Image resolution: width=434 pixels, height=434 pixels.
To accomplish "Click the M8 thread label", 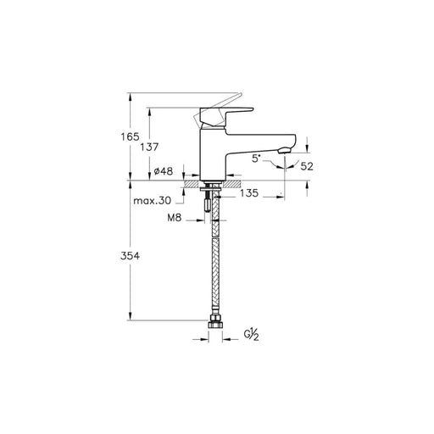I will tap(176, 219).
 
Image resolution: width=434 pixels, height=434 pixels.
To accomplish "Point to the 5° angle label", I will tap(257, 157).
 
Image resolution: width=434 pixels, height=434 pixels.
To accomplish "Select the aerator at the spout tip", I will tap(285, 151).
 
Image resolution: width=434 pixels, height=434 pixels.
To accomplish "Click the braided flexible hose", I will tap(215, 263).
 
